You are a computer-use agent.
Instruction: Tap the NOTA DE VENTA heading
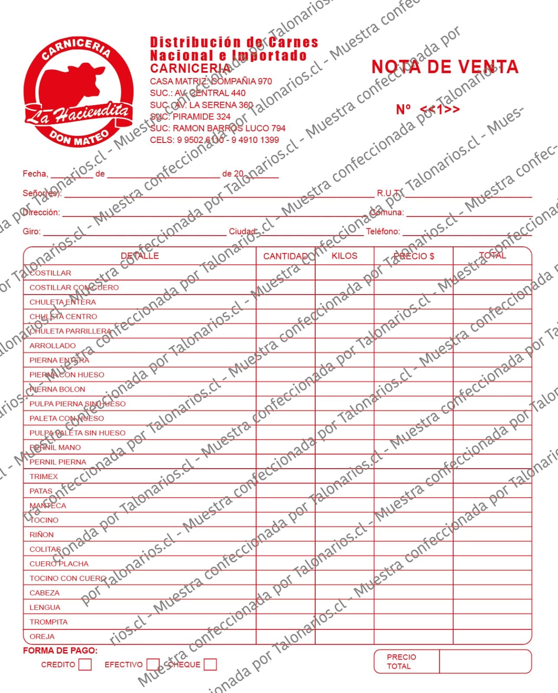coord(445,67)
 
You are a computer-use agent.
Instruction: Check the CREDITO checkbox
coord(85,664)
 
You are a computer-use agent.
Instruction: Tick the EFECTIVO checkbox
coord(153,664)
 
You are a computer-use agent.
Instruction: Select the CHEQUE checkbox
coord(210,664)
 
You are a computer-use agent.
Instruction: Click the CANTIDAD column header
coord(285,256)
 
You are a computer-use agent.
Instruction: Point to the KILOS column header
coord(344,256)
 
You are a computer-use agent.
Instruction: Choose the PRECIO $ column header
coord(414,256)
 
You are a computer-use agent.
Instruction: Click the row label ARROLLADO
coord(52,346)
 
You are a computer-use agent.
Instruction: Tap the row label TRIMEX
coord(44,476)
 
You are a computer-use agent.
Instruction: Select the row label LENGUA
coord(45,607)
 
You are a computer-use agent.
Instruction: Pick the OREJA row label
coord(42,636)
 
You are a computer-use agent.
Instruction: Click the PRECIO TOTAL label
coord(401,661)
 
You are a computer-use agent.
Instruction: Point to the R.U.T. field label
coord(389,193)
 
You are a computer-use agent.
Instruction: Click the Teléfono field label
coord(383,231)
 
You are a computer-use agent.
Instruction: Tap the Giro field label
coord(32,231)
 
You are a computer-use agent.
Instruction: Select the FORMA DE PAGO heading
coord(60,651)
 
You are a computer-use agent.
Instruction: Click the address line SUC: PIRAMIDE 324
coord(190,117)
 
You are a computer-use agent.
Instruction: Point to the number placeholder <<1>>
coord(440,109)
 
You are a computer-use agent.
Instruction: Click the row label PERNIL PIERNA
coord(58,462)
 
